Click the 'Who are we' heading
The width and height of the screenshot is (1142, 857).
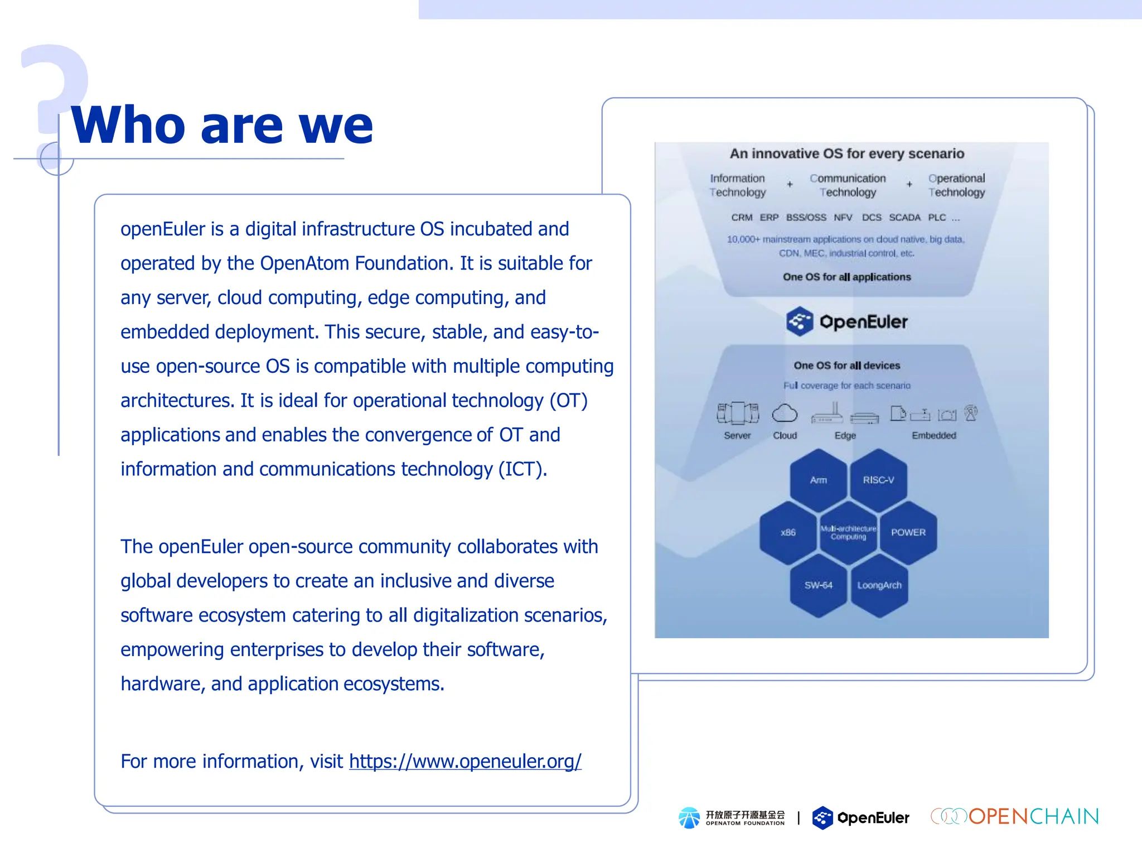222,125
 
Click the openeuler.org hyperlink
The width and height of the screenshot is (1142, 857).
465,761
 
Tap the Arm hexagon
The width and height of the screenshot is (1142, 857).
818,480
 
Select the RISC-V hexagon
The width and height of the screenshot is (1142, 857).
878,480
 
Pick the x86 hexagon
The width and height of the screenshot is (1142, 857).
788,532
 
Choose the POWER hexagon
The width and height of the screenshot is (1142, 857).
908,532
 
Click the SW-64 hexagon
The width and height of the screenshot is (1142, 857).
818,585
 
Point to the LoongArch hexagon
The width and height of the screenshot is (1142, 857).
879,585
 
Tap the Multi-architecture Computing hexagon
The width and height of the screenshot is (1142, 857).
848,532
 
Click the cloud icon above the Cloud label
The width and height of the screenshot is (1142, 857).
785,413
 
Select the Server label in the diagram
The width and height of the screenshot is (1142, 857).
737,435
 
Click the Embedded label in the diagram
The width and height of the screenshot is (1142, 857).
933,435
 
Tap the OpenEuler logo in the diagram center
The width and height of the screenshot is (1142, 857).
847,321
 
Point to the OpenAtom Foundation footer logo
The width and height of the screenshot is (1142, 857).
732,818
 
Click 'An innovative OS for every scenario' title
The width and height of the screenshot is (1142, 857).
846,153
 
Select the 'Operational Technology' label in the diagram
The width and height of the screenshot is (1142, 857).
956,185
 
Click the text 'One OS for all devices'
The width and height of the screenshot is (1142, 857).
846,365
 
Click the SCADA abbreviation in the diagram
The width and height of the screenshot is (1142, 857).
904,218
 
